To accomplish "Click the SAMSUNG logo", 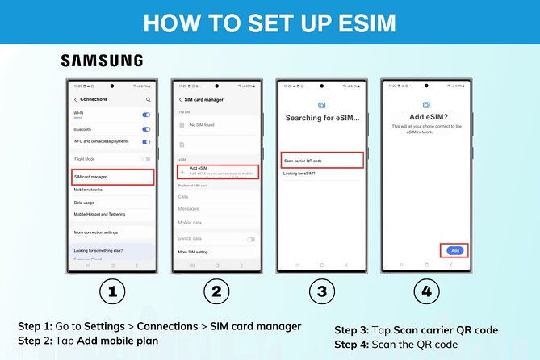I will point(102,61).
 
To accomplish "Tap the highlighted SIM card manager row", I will point(112,176).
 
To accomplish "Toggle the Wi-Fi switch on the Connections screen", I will point(146,115).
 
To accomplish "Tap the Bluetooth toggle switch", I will point(146,129).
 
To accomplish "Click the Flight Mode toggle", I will point(146,159).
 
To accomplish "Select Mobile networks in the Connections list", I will point(89,190).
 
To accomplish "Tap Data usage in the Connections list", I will point(85,203).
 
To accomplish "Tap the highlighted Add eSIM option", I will point(218,172).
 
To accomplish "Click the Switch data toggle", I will point(251,239).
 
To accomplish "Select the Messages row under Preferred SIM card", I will point(189,209).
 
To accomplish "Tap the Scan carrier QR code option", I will point(322,160).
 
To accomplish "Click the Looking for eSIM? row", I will point(300,174).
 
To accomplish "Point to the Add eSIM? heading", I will point(425,117).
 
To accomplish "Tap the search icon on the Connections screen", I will point(148,99).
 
